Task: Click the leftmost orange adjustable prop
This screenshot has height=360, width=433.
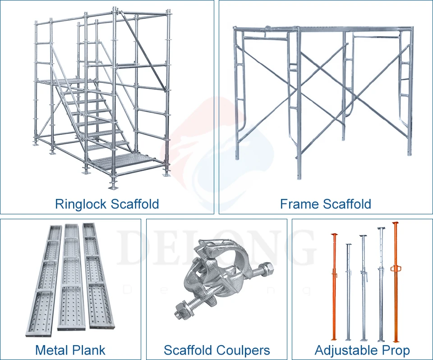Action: (334, 289)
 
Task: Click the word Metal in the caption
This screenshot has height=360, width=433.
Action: (50, 350)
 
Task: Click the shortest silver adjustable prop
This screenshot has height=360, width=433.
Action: (348, 293)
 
